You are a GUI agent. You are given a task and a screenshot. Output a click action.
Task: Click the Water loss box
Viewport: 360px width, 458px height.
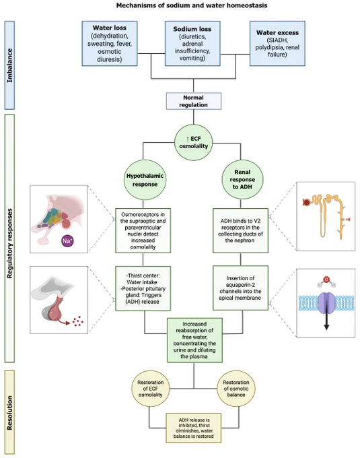tap(110, 43)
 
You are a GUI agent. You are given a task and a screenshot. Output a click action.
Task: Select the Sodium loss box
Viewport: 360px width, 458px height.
tap(192, 43)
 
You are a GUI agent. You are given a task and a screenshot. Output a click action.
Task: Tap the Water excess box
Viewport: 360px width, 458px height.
tap(277, 43)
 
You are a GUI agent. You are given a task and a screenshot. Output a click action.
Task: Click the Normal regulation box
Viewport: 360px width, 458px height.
tap(194, 101)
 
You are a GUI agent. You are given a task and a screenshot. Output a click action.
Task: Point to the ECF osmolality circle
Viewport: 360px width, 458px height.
tap(193, 143)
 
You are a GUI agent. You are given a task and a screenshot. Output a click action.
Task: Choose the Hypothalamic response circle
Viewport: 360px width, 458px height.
tap(145, 180)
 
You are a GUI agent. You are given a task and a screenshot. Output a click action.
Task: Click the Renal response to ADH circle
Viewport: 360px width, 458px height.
tap(242, 179)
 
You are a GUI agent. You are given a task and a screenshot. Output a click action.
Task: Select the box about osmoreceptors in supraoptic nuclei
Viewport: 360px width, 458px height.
tap(143, 230)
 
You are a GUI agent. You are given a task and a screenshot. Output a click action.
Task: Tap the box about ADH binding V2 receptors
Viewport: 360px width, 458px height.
tap(240, 230)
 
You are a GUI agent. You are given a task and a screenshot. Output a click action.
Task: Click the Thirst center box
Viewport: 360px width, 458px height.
tap(143, 288)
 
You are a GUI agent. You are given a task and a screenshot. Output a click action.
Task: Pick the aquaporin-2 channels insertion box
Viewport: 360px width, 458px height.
tap(240, 288)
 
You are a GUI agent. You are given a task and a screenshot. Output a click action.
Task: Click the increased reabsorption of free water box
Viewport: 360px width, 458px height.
tap(194, 340)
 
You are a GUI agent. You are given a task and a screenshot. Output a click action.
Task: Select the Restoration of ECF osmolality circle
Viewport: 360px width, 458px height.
tap(151, 389)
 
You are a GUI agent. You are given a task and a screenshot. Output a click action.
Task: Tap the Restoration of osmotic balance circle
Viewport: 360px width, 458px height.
tap(236, 389)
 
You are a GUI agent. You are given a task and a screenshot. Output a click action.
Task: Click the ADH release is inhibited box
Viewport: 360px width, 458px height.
tap(194, 428)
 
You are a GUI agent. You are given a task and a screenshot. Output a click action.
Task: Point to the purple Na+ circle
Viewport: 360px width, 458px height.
tap(67, 241)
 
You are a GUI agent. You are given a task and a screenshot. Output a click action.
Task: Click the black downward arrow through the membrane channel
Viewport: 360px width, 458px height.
tap(326, 317)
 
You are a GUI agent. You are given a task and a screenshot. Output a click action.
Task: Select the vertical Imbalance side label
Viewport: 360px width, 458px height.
tap(9, 65)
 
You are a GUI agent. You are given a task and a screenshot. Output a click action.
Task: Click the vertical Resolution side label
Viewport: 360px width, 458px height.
tap(9, 412)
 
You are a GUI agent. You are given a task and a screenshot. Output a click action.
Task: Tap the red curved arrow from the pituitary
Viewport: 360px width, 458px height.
tap(64, 321)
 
